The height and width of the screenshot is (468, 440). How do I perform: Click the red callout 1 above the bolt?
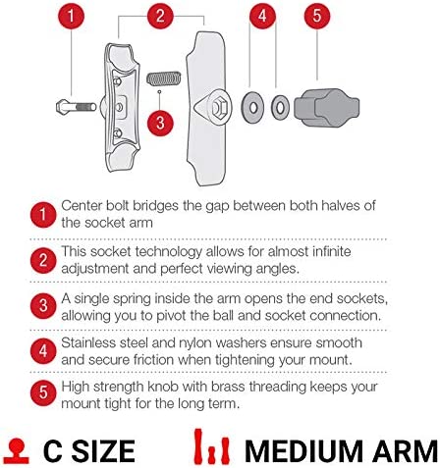point(71,16)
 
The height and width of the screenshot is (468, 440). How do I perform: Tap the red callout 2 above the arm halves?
point(160,16)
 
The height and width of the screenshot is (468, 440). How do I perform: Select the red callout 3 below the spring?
point(160,123)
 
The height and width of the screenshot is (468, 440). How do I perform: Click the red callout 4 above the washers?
point(262,16)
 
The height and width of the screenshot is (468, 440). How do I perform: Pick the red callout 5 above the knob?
point(317,16)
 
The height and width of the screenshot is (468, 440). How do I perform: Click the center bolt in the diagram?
point(77,107)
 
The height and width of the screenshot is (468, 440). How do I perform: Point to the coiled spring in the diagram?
point(164,78)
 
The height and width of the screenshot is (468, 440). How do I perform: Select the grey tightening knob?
point(327,108)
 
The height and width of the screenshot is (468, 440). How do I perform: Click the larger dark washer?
point(252,108)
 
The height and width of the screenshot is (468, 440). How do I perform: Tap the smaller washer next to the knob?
point(280,108)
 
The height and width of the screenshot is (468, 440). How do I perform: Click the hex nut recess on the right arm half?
point(218,107)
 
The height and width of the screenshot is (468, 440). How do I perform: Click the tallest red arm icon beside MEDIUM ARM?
point(198,446)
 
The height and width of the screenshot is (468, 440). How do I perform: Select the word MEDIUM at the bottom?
point(303,451)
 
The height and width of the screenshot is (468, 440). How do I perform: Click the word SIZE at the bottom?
point(103,451)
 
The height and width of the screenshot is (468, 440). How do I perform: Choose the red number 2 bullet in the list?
point(43,260)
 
